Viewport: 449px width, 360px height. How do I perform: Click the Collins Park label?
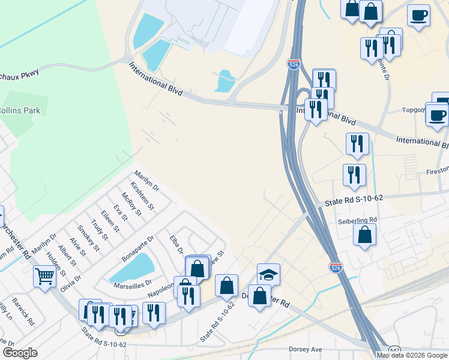[x=19, y=110]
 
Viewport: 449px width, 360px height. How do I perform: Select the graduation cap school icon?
[x=268, y=274]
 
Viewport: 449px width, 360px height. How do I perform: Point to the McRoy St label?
[x=130, y=204]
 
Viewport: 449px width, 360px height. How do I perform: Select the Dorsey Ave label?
[x=306, y=349]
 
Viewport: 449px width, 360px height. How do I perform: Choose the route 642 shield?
[x=394, y=350]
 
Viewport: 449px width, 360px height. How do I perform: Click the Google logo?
[x=20, y=353]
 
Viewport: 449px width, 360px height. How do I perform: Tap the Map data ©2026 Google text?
[x=412, y=355]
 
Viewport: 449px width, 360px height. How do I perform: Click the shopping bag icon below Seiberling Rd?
[x=364, y=235]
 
